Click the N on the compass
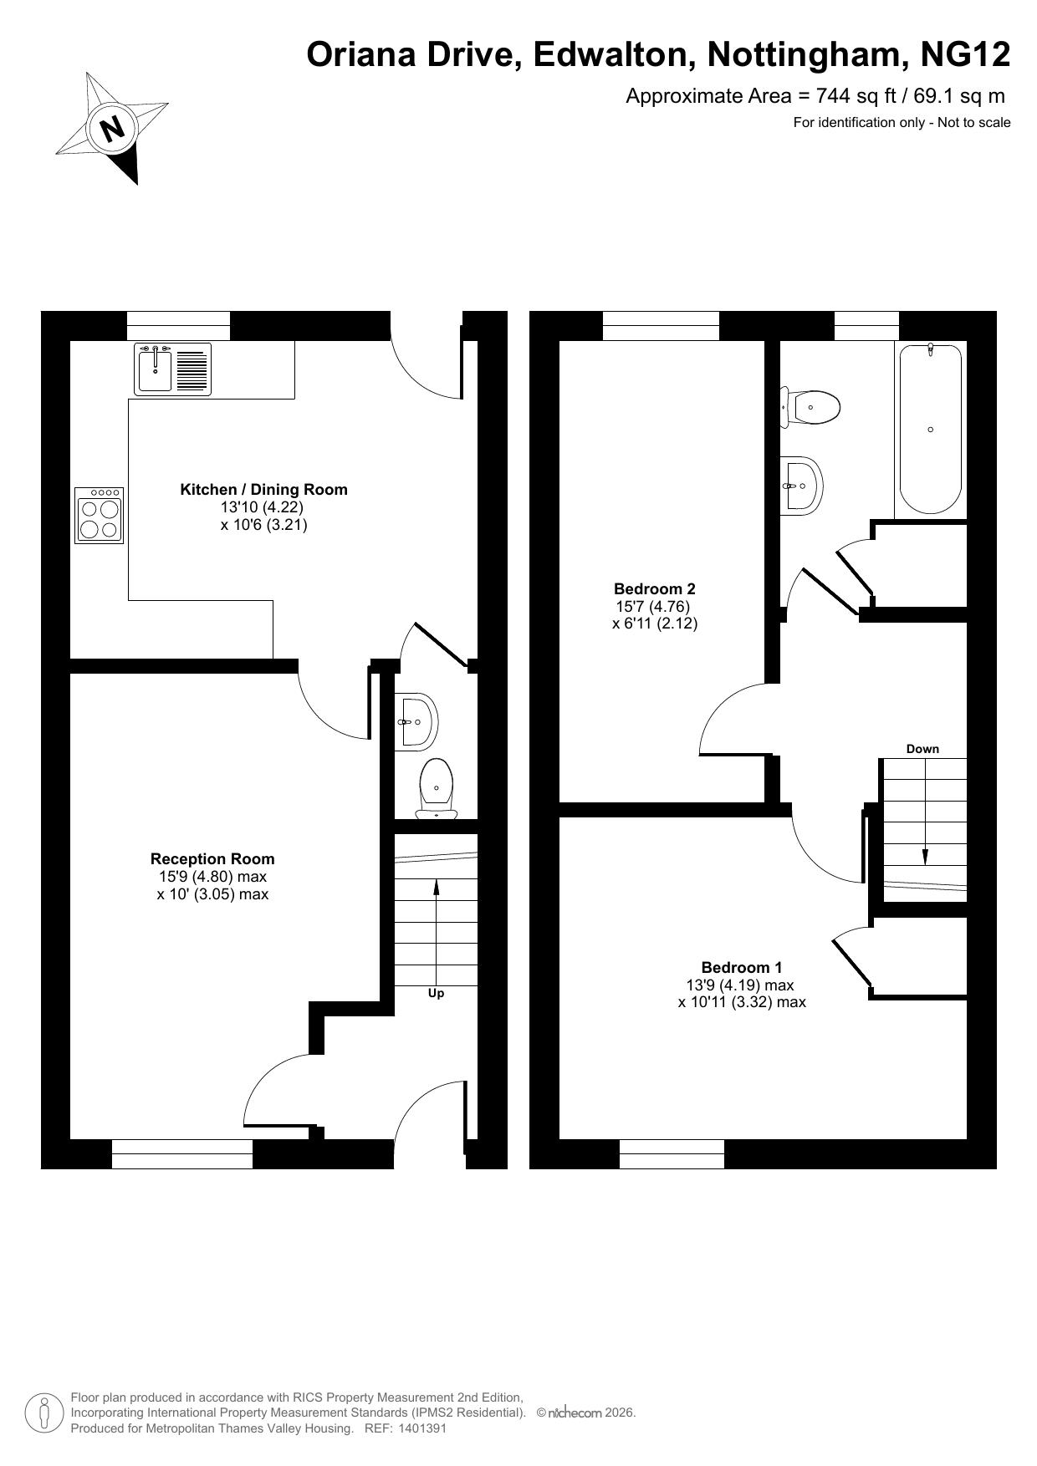(x=111, y=129)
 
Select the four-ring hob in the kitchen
(x=99, y=516)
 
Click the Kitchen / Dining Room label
(x=263, y=490)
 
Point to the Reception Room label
(x=212, y=858)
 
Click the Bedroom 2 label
(x=655, y=588)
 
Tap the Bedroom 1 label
(x=742, y=968)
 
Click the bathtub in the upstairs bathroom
(x=930, y=428)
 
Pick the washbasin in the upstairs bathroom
(x=802, y=484)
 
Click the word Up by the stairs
(x=436, y=994)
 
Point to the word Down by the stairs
(x=922, y=749)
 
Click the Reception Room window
(x=182, y=1154)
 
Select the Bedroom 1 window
(x=672, y=1154)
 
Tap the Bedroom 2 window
(x=661, y=326)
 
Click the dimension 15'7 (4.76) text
(x=652, y=607)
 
